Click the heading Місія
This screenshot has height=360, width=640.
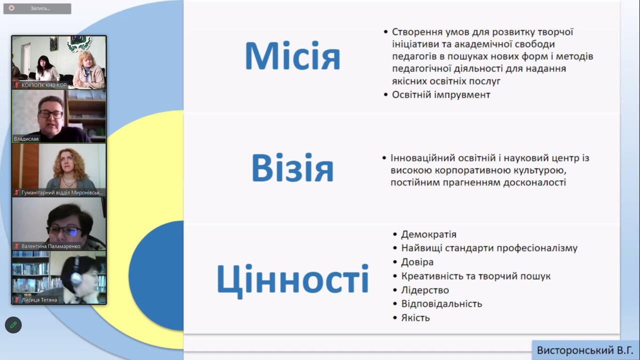point(292,56)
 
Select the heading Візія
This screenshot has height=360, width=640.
point(292,167)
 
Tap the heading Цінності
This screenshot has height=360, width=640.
point(293,280)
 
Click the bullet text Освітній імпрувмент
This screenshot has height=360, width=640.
point(441,95)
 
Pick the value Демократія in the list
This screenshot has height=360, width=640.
point(428,234)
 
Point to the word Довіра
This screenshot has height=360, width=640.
point(417,262)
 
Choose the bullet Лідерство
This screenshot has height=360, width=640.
point(425,290)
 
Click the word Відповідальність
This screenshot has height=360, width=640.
point(441,303)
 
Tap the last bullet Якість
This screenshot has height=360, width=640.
point(415,317)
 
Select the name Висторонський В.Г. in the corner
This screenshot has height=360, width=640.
point(584,350)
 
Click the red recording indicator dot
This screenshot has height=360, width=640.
point(11,8)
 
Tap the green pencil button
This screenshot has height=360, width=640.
point(13,325)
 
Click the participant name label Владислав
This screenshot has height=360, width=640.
point(26,139)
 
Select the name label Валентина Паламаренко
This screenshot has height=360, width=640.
point(51,246)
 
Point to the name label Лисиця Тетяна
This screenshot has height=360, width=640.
point(39,300)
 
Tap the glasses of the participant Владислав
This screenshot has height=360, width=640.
point(50,114)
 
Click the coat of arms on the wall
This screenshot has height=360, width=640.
point(79,43)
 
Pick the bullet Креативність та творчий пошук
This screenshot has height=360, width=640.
point(475,276)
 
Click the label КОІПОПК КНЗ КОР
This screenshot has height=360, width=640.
point(44,85)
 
